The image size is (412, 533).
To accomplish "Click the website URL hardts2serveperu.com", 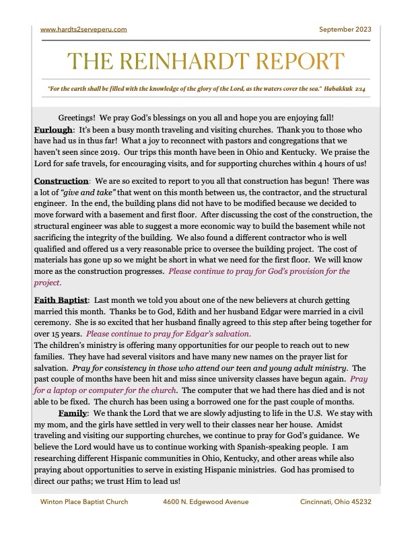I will [83, 30].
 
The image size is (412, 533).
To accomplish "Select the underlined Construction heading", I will [61, 181].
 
